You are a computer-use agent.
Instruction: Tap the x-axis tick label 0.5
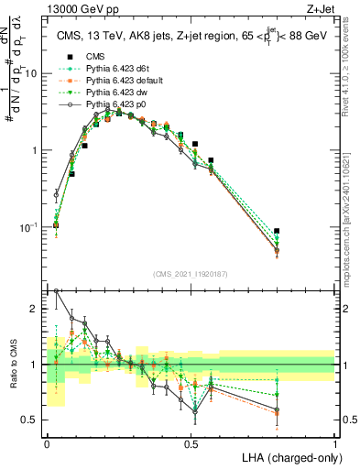point(191,443)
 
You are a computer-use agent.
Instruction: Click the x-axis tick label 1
point(335,443)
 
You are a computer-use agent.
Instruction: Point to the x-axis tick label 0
point(48,443)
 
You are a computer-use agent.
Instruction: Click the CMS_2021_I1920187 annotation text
point(191,273)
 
